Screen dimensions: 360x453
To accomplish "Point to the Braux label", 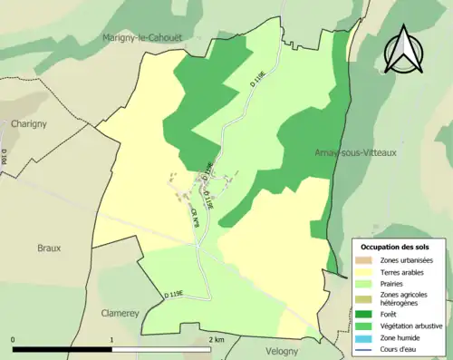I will click(x=49, y=247).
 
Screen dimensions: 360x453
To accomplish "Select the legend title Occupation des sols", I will click(x=397, y=247).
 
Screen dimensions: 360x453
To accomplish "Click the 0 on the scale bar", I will click(x=13, y=338).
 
